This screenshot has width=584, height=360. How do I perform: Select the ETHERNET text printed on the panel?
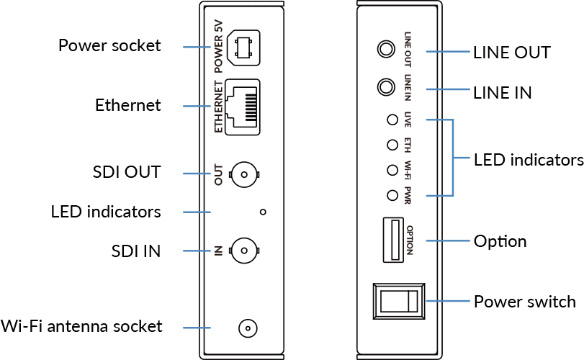220,106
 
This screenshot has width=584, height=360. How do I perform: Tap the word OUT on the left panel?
219,174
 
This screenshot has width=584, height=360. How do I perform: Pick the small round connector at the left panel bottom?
247,328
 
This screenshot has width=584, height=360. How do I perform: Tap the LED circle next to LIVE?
392,120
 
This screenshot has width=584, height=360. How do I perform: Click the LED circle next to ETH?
392,145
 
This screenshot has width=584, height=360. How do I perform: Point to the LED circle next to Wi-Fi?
392,170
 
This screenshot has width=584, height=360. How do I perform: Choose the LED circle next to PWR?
392,195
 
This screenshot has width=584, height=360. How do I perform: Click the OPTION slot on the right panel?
392,240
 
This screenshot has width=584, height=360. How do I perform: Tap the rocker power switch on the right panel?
392,301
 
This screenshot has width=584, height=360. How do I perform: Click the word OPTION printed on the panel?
409,240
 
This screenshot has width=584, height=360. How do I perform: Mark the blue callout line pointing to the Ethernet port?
196,106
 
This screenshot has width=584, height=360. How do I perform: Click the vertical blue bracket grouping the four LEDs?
454,158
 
